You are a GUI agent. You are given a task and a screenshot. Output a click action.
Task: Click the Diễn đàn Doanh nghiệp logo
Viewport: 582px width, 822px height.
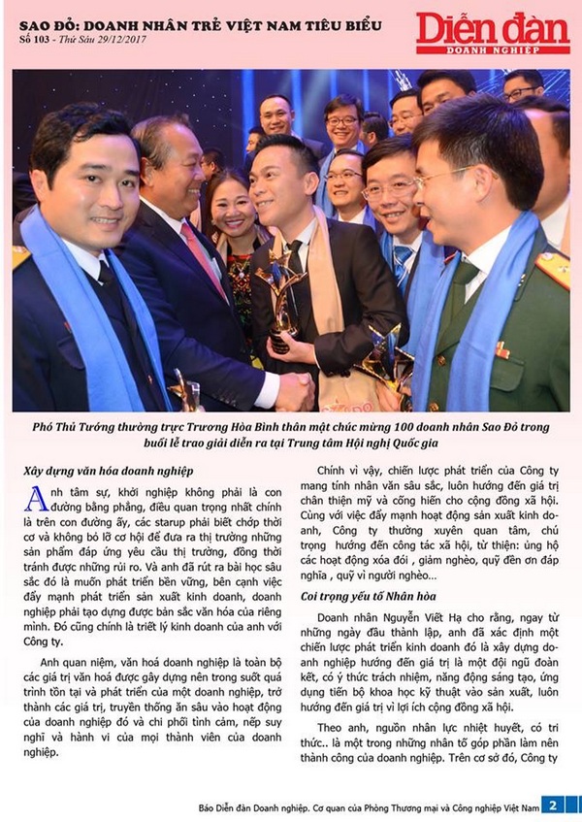tap(493, 32)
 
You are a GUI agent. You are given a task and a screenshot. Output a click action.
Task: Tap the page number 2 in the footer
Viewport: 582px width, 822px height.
tap(550, 805)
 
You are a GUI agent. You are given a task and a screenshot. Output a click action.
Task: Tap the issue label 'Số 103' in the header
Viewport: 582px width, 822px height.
tap(37, 39)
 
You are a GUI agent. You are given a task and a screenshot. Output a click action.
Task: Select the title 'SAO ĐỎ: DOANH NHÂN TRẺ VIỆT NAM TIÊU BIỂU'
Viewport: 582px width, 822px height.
tap(200, 22)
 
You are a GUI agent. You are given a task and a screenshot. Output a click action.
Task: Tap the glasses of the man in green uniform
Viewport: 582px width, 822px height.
tap(442, 179)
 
